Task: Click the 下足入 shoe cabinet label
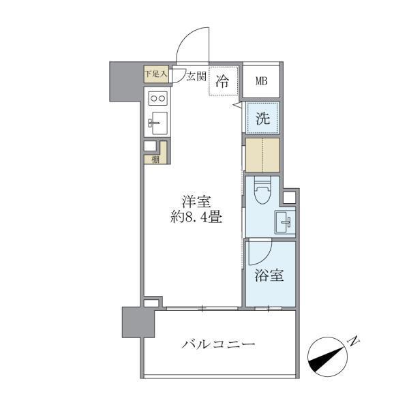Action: click(x=155, y=74)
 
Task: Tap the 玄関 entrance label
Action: click(x=197, y=76)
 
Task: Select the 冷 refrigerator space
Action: click(x=223, y=82)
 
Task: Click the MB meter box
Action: click(x=262, y=82)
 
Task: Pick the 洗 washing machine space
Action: click(x=262, y=118)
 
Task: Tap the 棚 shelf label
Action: click(x=156, y=160)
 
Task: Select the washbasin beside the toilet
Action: click(x=284, y=221)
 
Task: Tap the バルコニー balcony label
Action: click(x=218, y=344)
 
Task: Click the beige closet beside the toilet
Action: click(x=262, y=155)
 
